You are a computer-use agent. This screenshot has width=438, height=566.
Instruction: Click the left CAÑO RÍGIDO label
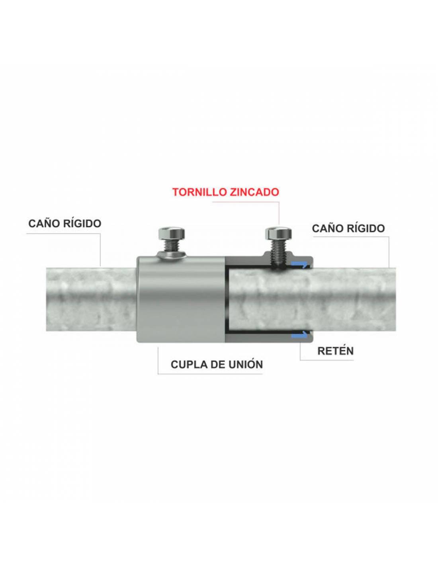(x=65, y=223)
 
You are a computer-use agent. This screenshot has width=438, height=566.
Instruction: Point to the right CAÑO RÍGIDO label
(x=348, y=228)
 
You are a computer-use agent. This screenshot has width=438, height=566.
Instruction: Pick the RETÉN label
(x=335, y=351)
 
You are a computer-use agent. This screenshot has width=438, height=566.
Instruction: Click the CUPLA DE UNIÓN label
(x=217, y=364)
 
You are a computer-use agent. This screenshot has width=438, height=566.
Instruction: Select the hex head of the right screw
(x=278, y=233)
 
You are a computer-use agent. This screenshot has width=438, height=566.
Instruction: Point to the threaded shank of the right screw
(x=278, y=254)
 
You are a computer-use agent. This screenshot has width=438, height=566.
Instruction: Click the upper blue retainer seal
(x=300, y=265)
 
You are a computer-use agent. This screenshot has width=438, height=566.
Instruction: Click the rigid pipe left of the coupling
(x=91, y=300)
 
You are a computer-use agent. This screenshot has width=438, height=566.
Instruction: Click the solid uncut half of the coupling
(x=180, y=300)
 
